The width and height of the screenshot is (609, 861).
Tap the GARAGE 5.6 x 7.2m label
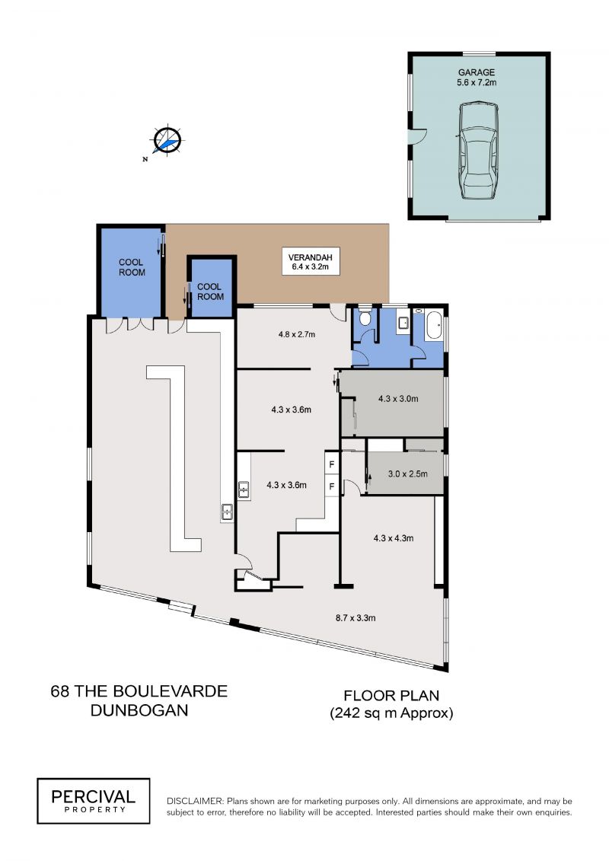pos(477,78)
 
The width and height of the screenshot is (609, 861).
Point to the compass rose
pos(167,141)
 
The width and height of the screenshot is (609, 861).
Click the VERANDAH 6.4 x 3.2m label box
pos(311,262)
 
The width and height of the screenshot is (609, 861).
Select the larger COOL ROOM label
pos(132,267)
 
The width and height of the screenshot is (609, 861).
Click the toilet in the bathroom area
pos(365,318)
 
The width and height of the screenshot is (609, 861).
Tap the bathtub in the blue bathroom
pos(434,326)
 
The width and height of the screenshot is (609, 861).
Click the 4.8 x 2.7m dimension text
pos(297,334)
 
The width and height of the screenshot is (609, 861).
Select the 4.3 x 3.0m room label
pos(398,399)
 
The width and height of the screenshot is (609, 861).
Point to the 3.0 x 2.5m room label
pos(407,474)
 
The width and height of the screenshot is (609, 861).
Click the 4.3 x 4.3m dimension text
pos(394,538)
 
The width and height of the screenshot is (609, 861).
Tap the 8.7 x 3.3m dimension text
pos(356,617)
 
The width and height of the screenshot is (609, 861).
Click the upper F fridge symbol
pos(332,465)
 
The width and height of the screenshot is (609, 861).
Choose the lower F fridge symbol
pos(332,486)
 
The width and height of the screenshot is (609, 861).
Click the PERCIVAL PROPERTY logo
pos(94,801)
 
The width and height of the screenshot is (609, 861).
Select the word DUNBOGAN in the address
pos(139,710)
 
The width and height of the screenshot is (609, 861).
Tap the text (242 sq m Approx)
pos(391,713)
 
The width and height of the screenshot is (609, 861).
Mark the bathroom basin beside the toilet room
pos(402,322)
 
